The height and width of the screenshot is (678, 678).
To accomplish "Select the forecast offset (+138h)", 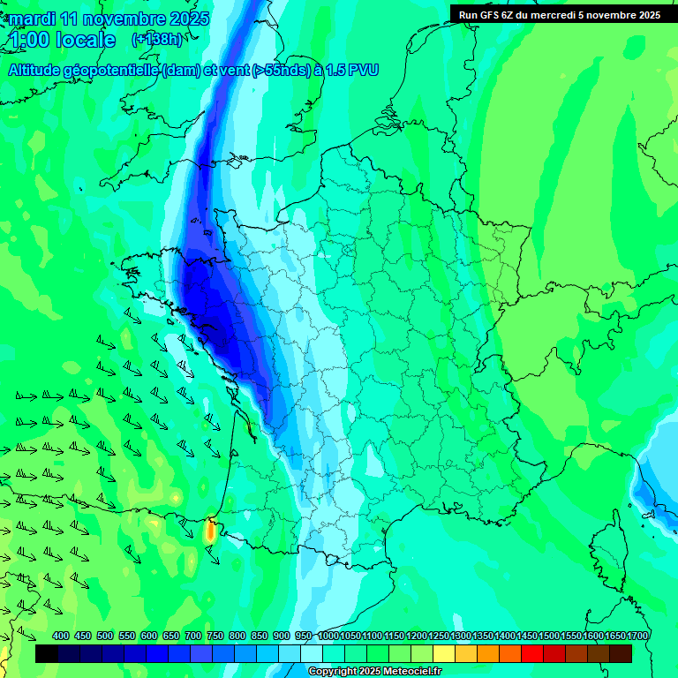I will [156, 39].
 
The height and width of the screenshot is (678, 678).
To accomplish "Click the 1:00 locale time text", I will [62, 40].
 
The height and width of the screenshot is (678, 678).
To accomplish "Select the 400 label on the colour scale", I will [61, 637].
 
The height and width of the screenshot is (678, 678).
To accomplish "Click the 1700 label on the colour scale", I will [637, 637].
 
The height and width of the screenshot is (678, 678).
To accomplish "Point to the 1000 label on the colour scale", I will [328, 637].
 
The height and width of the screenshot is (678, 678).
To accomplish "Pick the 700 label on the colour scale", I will [193, 637].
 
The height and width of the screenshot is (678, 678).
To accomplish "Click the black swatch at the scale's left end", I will [47, 653].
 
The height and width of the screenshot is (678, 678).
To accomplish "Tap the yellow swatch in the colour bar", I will [444, 653].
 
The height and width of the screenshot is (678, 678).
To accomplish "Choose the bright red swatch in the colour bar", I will [532, 653].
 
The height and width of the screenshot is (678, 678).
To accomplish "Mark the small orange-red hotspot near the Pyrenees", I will [210, 531].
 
